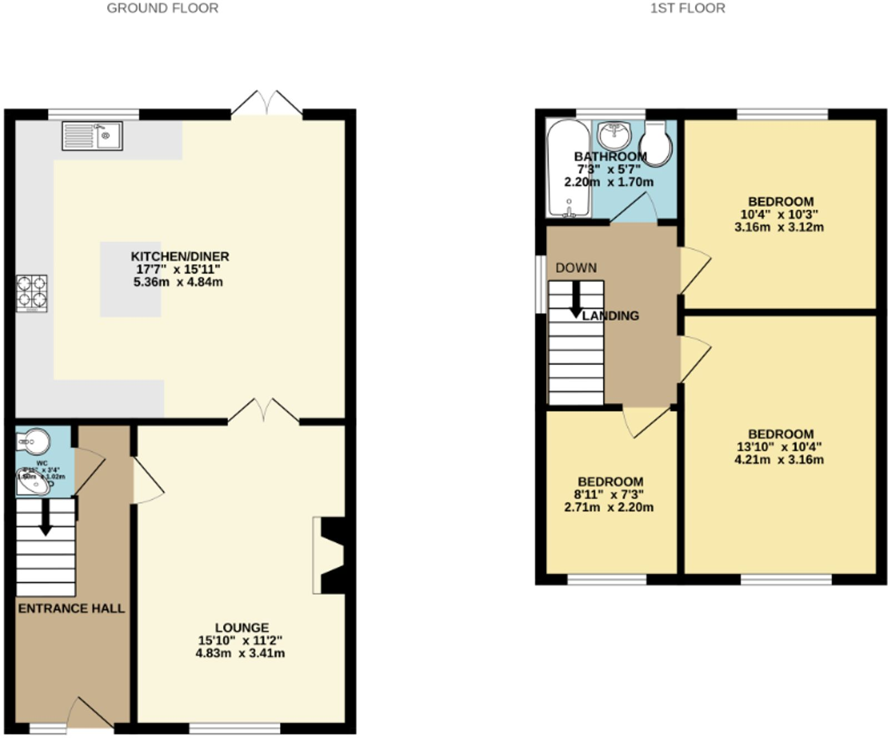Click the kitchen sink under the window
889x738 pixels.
click(92, 136)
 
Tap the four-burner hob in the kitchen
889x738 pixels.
click(32, 293)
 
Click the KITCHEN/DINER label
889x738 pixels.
click(179, 257)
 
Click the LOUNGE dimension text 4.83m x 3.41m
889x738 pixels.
click(240, 654)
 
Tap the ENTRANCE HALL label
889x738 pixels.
click(71, 609)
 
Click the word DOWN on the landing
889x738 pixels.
click(576, 268)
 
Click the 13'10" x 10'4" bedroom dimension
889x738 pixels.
click(780, 447)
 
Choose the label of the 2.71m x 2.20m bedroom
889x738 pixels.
click(610, 482)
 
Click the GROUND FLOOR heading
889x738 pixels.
click(162, 8)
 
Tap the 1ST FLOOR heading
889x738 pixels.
click(687, 8)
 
